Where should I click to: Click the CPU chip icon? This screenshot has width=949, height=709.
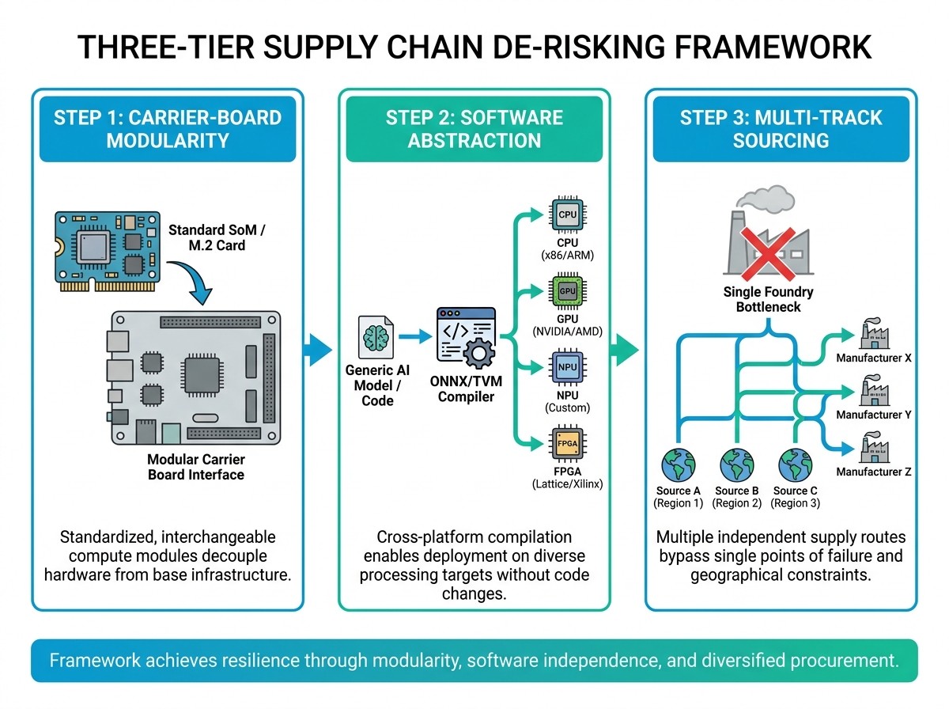pos(567,214)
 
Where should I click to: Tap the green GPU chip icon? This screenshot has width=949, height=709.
pos(567,291)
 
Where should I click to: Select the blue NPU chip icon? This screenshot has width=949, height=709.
pos(567,367)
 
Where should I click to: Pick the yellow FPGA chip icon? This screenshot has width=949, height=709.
pos(567,443)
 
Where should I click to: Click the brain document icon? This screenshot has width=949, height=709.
pos(376,337)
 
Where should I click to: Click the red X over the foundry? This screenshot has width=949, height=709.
pos(768,254)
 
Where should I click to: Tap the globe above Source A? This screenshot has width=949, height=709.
pos(678,465)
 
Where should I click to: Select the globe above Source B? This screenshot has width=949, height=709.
pos(737,465)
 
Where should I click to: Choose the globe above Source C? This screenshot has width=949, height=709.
pos(795,465)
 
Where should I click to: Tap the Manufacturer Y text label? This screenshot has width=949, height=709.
pos(873,415)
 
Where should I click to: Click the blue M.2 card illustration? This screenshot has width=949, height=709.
pos(108,252)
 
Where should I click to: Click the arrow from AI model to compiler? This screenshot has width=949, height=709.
pos(415,336)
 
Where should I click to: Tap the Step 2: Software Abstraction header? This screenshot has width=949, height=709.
pos(475,129)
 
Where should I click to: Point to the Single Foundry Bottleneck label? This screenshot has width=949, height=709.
pos(768,299)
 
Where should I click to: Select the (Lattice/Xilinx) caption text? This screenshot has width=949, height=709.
pos(567,483)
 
